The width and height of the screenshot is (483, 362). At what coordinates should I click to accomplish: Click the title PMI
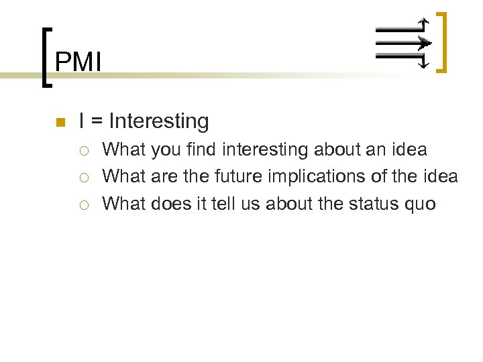tap(78, 62)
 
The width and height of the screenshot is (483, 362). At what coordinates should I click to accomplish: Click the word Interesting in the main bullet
tap(158, 121)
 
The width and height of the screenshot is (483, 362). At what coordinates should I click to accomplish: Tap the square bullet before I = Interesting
tap(59, 123)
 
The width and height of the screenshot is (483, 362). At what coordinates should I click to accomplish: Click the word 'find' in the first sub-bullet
tap(201, 149)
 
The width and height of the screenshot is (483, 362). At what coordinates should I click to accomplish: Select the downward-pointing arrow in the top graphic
tap(423, 62)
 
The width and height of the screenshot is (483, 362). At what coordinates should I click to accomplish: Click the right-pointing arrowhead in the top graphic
tap(424, 44)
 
